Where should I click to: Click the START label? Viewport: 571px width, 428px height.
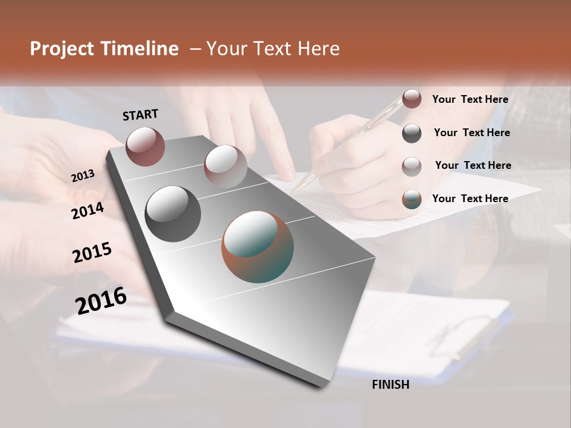[140, 114]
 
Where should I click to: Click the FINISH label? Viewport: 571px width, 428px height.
[390, 385]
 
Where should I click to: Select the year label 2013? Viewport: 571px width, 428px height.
[83, 175]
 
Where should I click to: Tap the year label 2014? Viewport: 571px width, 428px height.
[87, 210]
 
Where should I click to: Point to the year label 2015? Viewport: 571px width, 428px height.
[92, 252]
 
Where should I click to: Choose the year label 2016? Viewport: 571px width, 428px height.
[101, 300]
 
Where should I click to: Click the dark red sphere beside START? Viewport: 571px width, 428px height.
[145, 146]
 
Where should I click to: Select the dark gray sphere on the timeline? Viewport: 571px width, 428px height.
[172, 213]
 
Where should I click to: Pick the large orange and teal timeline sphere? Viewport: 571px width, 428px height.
[258, 247]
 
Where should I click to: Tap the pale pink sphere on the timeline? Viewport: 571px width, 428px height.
[225, 166]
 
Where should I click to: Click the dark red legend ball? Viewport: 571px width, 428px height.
[412, 99]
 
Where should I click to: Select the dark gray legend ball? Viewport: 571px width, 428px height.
[412, 133]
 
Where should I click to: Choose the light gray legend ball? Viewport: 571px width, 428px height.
[412, 166]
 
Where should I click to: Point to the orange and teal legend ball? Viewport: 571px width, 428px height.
[412, 199]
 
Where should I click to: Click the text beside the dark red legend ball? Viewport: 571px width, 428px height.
[470, 99]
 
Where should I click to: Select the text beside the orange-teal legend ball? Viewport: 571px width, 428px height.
[470, 199]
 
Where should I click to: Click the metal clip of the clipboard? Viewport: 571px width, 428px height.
[470, 333]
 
